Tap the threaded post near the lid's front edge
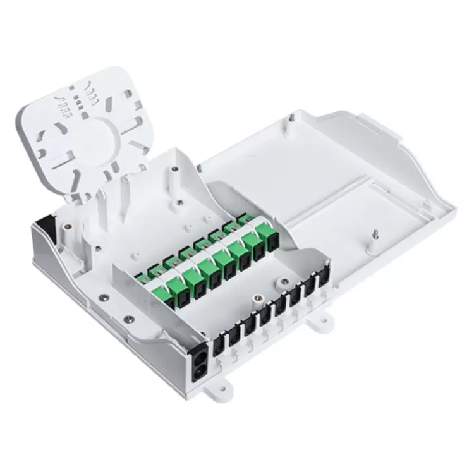pos(374,236)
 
